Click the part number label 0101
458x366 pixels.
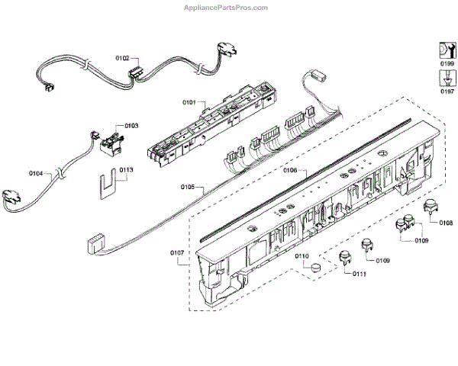click(x=189, y=101)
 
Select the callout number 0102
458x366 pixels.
click(x=122, y=57)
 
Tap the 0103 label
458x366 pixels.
click(x=131, y=125)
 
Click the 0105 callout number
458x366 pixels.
click(x=188, y=186)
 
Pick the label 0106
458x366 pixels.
click(x=289, y=171)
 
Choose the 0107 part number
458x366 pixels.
click(x=176, y=253)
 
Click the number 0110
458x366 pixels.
click(x=302, y=255)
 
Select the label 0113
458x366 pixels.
click(x=126, y=170)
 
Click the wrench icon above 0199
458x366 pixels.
click(x=447, y=48)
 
